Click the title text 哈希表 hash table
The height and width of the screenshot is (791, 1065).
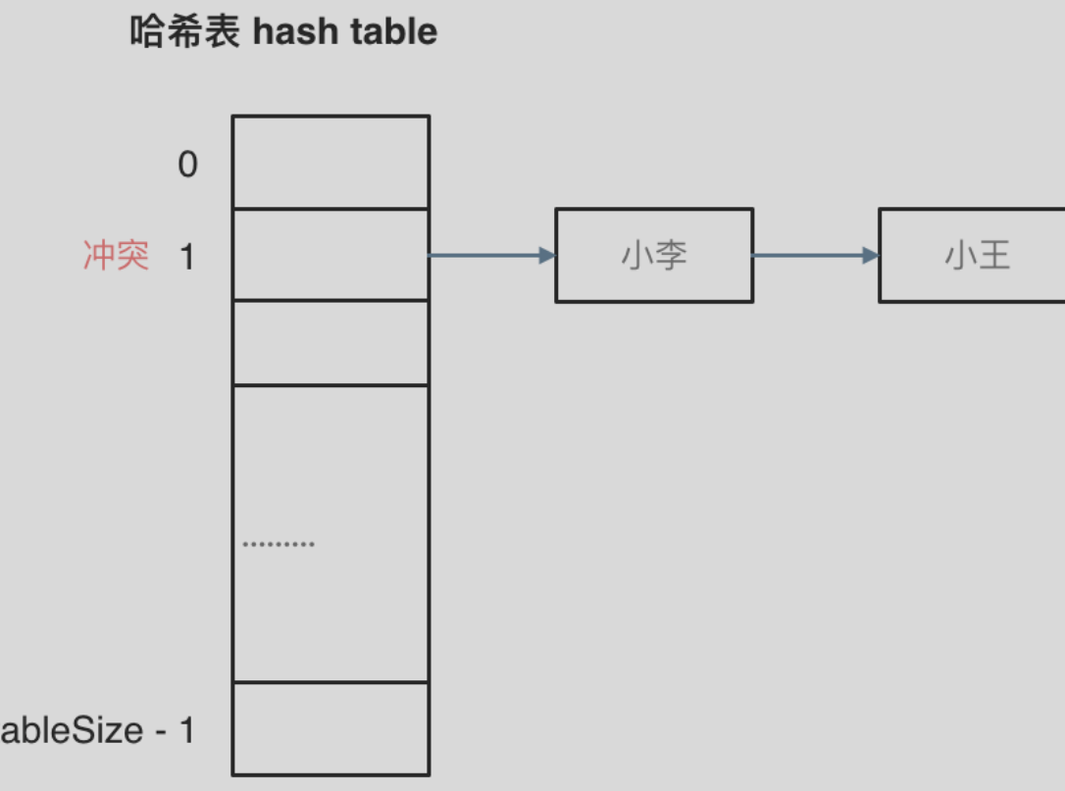283,32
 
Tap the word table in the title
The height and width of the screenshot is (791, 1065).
392,32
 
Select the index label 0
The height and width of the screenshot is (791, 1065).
187,165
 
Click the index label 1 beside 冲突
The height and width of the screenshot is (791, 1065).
187,258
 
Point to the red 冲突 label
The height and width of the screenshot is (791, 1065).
116,257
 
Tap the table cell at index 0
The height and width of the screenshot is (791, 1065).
330,163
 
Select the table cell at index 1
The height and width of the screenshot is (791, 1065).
330,255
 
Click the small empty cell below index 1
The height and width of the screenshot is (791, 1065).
330,343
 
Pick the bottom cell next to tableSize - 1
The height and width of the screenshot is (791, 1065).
330,728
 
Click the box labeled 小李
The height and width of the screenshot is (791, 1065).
654,256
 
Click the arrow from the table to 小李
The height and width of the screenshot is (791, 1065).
490,256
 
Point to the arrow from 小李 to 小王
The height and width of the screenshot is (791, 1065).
814,256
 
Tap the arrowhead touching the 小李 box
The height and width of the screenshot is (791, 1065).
547,256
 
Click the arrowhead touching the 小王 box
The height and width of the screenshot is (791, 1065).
871,256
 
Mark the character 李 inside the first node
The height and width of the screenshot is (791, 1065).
672,256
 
